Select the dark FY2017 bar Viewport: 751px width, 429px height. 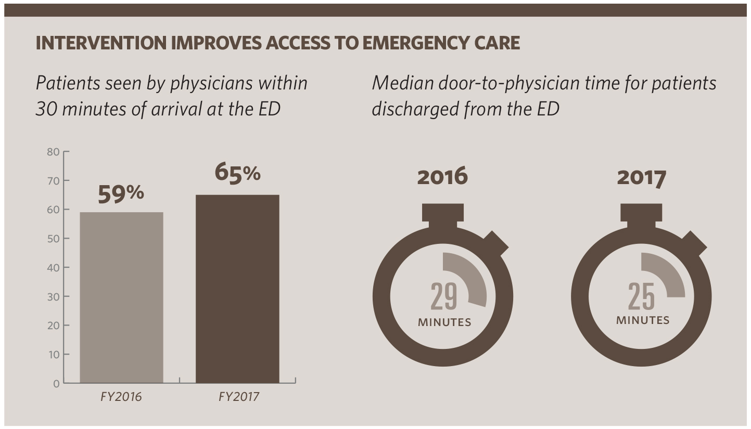(237, 289)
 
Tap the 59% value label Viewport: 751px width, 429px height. (121, 193)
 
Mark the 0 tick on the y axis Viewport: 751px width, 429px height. (56, 384)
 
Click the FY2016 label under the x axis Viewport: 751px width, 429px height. (121, 397)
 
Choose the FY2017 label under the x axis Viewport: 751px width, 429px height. (238, 397)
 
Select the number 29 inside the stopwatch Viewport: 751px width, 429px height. (443, 296)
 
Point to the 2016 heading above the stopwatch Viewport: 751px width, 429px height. (442, 177)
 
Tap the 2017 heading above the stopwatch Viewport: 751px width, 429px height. (641, 177)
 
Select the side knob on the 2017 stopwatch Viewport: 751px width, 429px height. (694, 243)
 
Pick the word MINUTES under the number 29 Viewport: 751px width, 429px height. (444, 322)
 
